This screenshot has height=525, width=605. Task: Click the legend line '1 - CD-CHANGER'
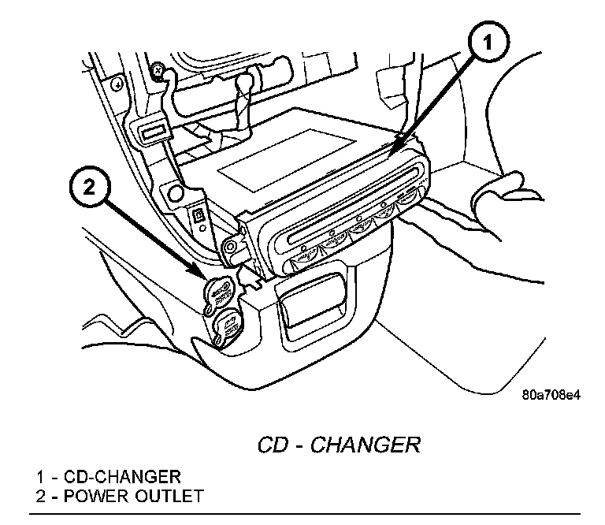pos(108,477)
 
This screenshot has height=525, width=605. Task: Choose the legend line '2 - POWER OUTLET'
pos(119,496)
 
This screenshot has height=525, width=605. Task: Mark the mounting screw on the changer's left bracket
pos(231,246)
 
